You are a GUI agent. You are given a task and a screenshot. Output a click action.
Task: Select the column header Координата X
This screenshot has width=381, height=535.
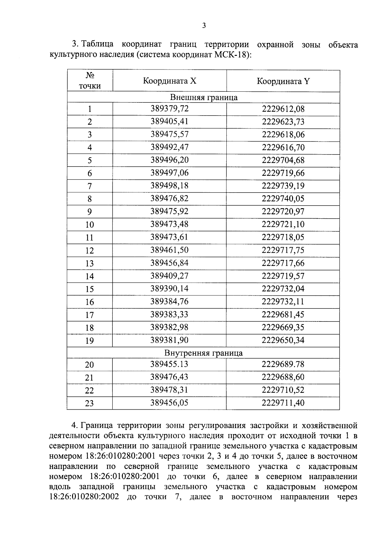coord(170,81)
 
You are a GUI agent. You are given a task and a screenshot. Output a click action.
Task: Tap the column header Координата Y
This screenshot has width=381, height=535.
coord(283,81)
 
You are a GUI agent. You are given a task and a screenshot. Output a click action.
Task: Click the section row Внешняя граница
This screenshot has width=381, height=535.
coord(204,97)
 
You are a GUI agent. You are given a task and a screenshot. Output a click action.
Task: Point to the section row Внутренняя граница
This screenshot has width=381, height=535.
coord(204,353)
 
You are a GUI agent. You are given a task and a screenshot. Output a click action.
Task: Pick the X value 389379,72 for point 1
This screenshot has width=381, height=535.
coord(170,109)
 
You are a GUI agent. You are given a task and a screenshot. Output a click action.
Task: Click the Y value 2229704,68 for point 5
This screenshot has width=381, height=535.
coord(283,160)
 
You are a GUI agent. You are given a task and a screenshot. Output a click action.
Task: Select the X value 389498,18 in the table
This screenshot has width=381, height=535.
coord(170,186)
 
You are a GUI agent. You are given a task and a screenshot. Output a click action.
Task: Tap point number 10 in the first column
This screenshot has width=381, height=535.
coord(90,225)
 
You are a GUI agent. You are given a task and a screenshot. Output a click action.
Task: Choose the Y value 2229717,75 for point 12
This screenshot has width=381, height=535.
coord(283,250)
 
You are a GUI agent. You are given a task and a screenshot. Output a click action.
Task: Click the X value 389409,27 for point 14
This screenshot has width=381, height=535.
coord(170,276)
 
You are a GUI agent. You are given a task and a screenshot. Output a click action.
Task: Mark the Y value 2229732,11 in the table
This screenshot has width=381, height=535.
coord(283,301)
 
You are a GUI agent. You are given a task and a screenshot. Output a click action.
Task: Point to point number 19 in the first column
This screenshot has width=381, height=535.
coord(90,341)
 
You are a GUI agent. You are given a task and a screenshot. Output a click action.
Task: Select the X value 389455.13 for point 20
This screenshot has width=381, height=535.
coord(170,364)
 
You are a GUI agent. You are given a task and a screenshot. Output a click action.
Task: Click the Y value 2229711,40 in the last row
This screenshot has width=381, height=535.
coord(283,403)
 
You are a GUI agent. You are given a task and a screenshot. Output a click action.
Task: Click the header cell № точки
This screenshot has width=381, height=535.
coord(90,81)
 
